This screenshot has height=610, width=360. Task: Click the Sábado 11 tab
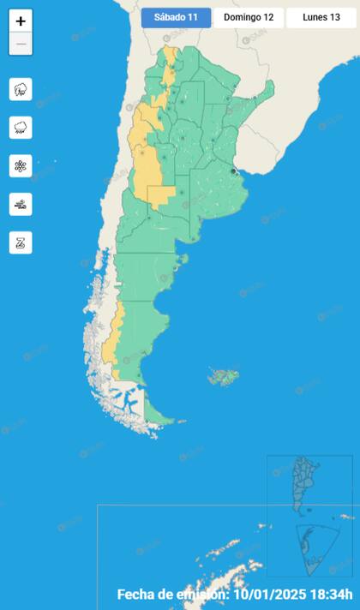[176, 17]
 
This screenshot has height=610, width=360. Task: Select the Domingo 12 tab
[249, 17]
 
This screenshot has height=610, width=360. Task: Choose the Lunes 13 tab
[321, 17]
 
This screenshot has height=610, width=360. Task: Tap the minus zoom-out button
[21, 44]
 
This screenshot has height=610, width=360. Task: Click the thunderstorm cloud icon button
[21, 89]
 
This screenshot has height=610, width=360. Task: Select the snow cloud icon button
[21, 128]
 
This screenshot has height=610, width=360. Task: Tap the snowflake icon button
[21, 166]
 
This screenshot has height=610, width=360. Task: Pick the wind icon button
[21, 204]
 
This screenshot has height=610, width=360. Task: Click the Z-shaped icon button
[21, 242]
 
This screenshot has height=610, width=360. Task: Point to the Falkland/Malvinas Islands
[224, 375]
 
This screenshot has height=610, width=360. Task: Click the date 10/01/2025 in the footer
[269, 594]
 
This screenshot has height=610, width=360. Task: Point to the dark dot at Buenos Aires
[233, 171]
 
